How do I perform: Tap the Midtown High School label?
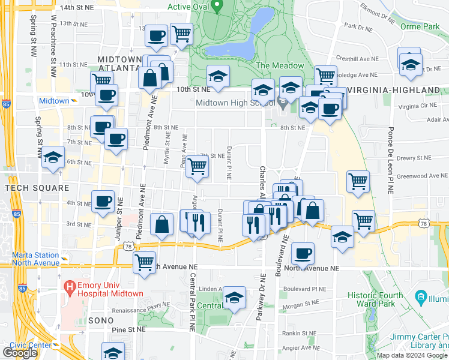click(x=236, y=103)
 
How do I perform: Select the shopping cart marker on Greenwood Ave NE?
click(x=358, y=181)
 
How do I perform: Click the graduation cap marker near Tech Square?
click(x=53, y=158)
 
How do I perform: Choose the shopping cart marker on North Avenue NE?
click(x=145, y=262)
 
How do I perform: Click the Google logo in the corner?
click(x=20, y=353)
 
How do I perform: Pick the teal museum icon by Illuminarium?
click(x=421, y=298)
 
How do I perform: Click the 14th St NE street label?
click(x=77, y=7)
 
